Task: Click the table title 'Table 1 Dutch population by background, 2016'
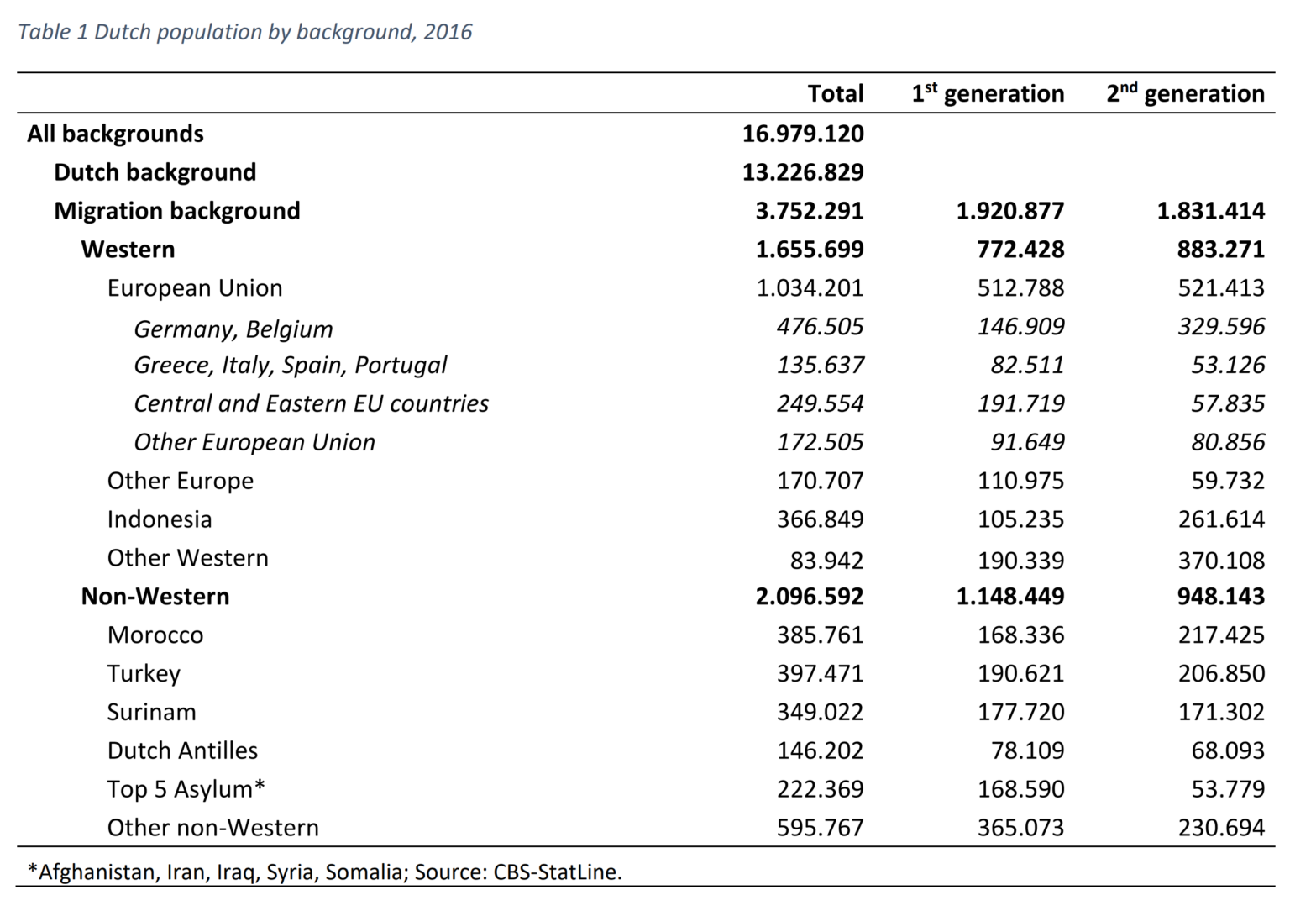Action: click(244, 32)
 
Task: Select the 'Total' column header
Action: click(835, 93)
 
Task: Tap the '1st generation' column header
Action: click(988, 93)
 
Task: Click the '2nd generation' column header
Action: click(1185, 93)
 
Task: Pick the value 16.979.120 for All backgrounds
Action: click(802, 134)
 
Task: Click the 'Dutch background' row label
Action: click(155, 172)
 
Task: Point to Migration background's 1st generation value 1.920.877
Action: click(1009, 211)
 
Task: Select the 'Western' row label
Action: click(128, 250)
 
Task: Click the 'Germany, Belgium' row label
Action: click(233, 329)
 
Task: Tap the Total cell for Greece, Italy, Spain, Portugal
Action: click(820, 366)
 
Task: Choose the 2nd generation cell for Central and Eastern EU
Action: click(1227, 404)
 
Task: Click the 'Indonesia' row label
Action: click(160, 519)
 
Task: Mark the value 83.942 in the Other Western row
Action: click(826, 561)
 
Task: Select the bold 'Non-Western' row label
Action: click(155, 597)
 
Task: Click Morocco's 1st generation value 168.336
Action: click(1020, 635)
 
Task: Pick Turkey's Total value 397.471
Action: click(820, 674)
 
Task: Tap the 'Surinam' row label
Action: click(152, 713)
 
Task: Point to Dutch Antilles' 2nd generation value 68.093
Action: click(1227, 750)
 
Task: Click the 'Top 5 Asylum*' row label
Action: click(186, 789)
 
